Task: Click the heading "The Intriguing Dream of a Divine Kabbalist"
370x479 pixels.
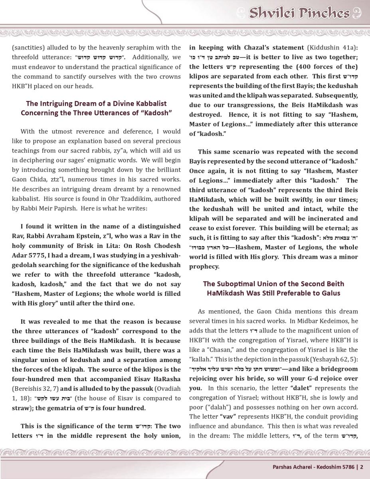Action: (96, 104)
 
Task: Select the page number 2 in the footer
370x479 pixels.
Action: (362, 466)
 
